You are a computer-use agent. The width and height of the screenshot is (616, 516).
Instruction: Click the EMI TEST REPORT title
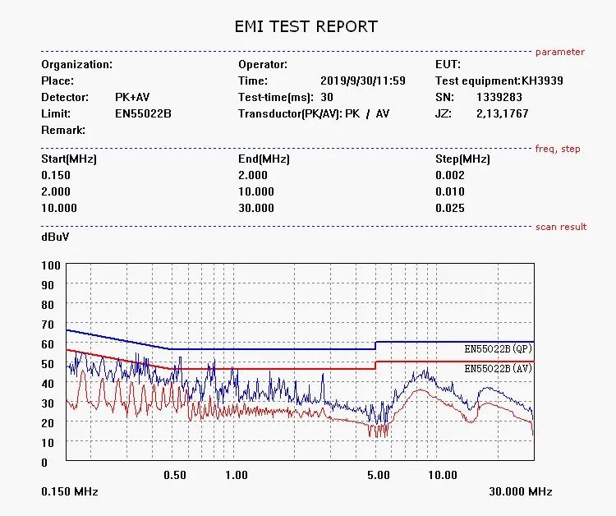(306, 26)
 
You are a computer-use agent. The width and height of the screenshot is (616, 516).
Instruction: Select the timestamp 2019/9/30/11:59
(362, 81)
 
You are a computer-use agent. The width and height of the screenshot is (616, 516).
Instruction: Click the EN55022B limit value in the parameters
(143, 113)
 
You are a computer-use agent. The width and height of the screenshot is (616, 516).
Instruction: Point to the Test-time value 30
(327, 97)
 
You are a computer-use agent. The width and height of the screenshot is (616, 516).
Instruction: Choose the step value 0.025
(449, 208)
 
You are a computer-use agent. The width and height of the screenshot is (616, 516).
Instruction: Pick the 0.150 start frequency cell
(56, 175)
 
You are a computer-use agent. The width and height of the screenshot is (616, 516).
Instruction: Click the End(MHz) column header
(264, 159)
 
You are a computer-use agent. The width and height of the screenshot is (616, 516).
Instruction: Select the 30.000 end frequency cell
(256, 208)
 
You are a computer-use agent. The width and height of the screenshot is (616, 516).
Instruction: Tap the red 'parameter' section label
(560, 52)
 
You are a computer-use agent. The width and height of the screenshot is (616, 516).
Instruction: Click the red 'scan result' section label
(561, 227)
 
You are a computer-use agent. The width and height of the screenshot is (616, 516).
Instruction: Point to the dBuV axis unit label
(55, 237)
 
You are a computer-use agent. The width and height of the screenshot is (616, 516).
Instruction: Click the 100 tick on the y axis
(51, 265)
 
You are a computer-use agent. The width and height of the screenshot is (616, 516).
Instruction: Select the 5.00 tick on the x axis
(379, 475)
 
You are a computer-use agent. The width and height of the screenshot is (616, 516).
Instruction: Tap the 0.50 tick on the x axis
(175, 475)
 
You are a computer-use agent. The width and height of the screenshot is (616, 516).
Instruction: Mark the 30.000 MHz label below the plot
(521, 491)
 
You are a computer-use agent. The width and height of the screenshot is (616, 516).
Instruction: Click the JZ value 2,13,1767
(502, 113)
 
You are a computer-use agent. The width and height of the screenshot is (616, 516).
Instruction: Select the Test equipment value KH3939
(542, 81)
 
